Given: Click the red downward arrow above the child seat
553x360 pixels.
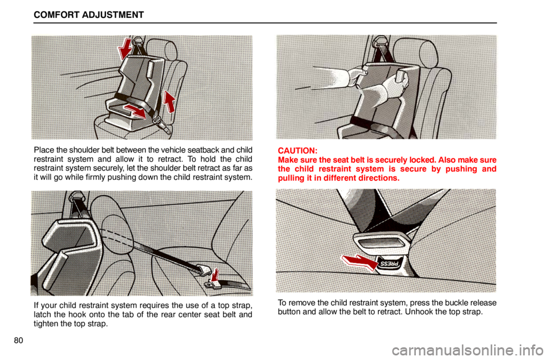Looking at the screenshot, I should tap(125, 50).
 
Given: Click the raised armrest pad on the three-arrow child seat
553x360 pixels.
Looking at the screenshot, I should tap(151, 71).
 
